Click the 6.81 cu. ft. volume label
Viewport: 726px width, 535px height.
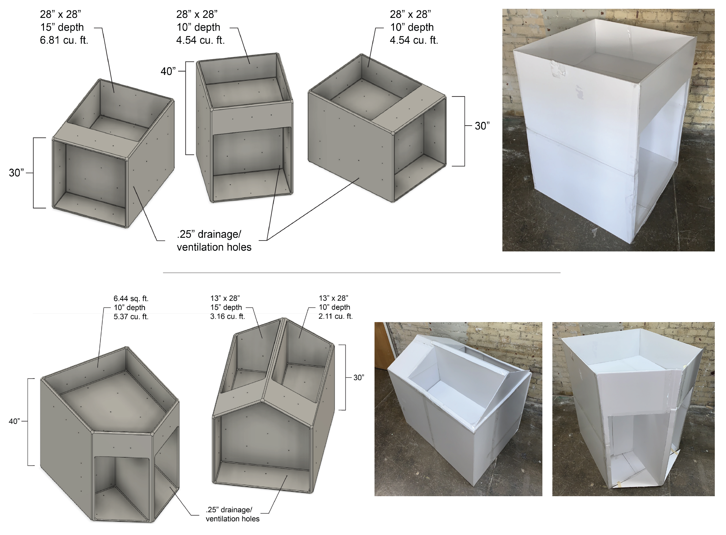[64, 40]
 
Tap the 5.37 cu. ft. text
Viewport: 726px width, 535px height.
[131, 316]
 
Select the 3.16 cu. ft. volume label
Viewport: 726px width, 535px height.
[228, 316]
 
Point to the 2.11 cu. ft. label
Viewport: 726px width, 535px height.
[335, 316]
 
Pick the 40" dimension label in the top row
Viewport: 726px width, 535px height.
[168, 71]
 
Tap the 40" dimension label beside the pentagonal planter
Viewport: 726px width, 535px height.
[14, 421]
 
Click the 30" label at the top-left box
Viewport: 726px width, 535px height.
[16, 173]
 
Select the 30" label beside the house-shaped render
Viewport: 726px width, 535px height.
[358, 377]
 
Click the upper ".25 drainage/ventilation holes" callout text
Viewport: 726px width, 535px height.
[214, 241]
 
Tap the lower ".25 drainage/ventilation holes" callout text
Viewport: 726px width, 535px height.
[232, 514]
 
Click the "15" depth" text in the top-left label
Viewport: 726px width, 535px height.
[62, 27]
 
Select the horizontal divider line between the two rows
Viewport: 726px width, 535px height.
[361, 273]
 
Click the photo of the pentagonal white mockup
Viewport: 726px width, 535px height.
[633, 409]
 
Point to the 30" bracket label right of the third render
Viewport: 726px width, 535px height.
[482, 126]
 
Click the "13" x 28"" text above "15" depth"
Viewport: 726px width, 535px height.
[225, 298]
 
